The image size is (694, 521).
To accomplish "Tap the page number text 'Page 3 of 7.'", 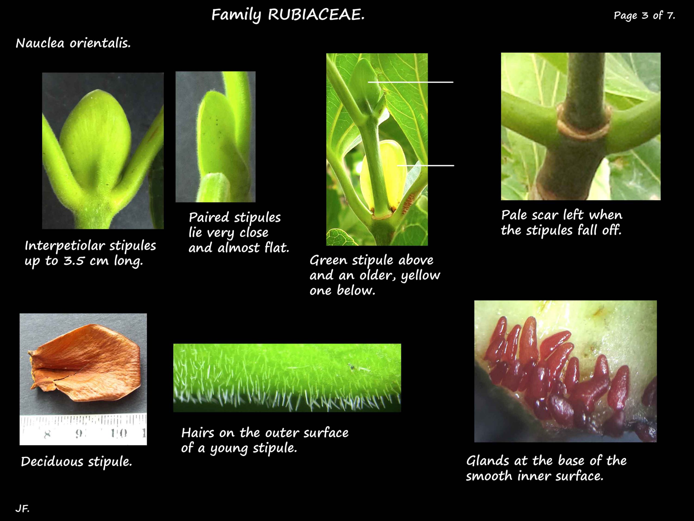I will click(x=644, y=15).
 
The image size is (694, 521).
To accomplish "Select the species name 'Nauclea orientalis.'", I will click(x=73, y=43).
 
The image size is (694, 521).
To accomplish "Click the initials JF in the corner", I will click(x=22, y=509).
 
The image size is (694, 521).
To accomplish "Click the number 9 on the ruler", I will click(x=78, y=434).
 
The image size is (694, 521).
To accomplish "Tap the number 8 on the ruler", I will click(x=47, y=434).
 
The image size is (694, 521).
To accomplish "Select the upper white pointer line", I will click(x=410, y=82).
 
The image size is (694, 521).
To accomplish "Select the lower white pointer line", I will click(x=425, y=166).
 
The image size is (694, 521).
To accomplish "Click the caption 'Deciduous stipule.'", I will click(x=76, y=462).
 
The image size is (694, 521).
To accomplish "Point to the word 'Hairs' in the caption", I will click(x=197, y=433).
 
